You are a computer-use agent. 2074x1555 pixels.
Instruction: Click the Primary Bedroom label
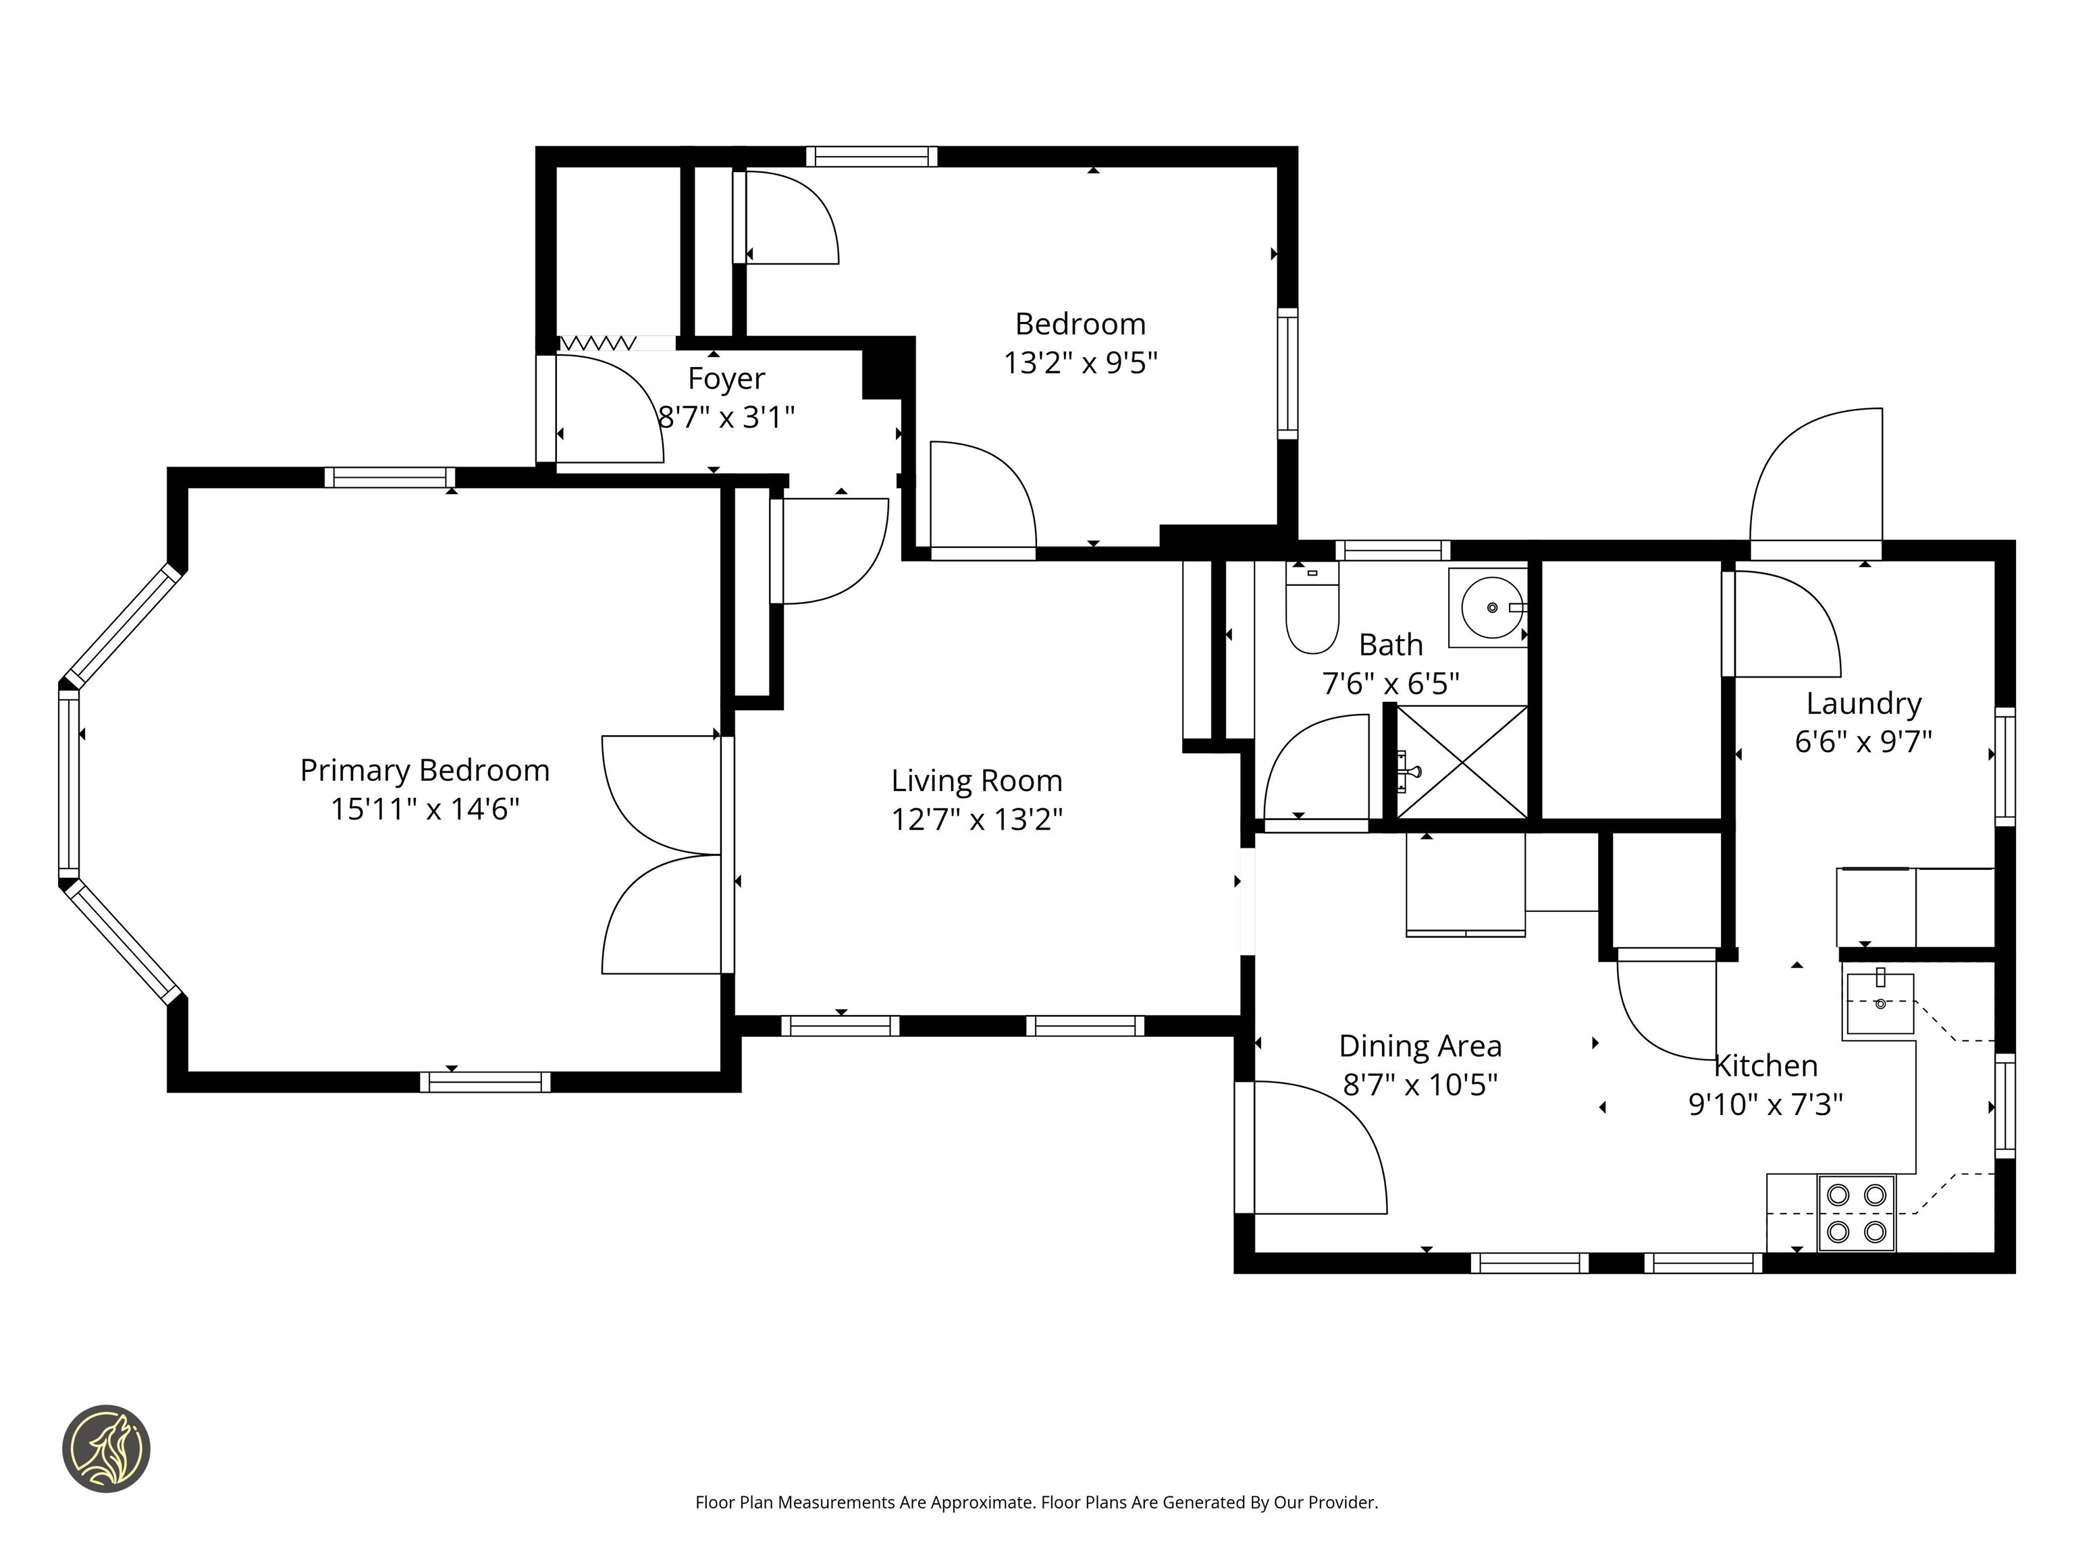click(425, 771)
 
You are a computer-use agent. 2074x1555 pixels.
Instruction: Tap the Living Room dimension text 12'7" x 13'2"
click(977, 819)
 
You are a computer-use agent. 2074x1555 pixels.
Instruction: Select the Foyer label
click(726, 379)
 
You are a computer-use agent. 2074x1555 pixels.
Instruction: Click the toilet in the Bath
click(1312, 607)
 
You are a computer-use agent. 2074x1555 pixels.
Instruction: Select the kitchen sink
click(1880, 1004)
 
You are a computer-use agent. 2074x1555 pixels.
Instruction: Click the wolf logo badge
click(106, 1448)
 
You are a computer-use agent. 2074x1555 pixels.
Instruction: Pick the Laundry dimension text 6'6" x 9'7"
click(1864, 742)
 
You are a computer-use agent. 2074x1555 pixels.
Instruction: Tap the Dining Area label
click(1420, 1046)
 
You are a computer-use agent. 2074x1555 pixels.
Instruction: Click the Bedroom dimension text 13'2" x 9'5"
click(1081, 362)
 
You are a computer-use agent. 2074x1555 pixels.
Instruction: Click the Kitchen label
click(1766, 1066)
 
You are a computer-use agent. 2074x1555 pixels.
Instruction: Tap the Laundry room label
click(1864, 704)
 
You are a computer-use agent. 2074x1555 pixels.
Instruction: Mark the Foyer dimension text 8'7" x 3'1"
click(726, 417)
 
